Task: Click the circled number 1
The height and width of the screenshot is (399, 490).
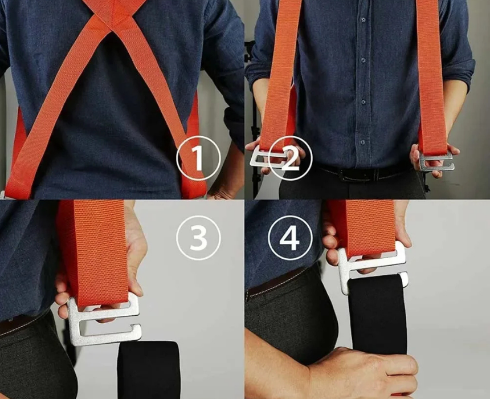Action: [198, 158]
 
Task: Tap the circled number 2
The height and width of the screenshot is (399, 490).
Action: [290, 158]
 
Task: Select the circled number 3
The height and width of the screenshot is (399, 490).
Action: [198, 238]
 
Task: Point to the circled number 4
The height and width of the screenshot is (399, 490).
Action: [291, 238]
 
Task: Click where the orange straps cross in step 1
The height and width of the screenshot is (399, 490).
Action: [115, 14]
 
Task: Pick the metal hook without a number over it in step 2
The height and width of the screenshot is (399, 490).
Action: [436, 162]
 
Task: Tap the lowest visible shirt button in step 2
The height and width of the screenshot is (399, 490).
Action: [362, 142]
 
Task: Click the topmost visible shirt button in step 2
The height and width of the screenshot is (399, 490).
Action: [363, 20]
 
